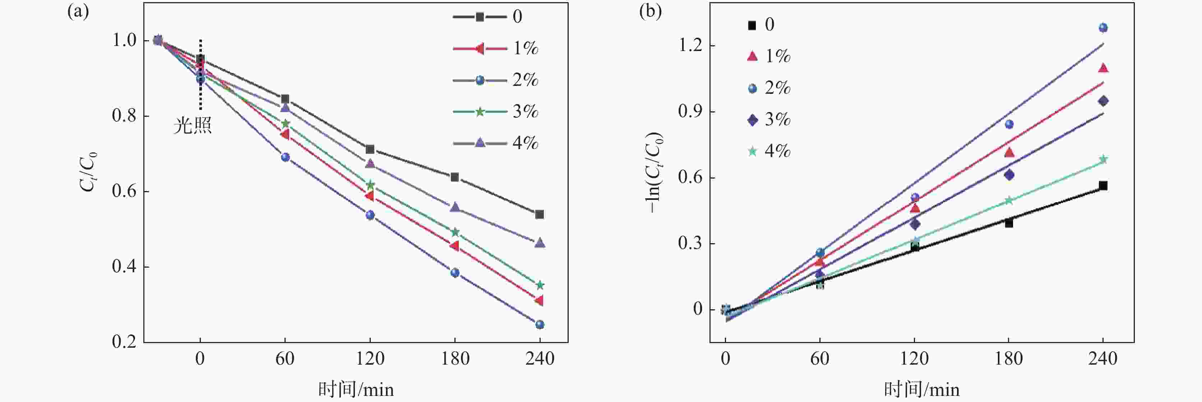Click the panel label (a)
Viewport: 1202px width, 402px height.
click(78, 11)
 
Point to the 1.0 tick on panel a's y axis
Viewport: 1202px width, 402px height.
click(124, 40)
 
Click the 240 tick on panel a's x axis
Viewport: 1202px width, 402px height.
click(540, 359)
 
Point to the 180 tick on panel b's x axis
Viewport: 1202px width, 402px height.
click(1009, 359)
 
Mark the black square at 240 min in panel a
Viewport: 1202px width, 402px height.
click(540, 214)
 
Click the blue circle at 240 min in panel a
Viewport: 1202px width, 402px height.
click(540, 324)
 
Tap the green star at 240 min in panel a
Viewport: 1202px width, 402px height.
click(540, 285)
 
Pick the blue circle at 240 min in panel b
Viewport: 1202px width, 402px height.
click(1103, 28)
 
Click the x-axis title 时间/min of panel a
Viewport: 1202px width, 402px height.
click(356, 389)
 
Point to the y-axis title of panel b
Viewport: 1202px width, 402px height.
click(654, 173)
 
